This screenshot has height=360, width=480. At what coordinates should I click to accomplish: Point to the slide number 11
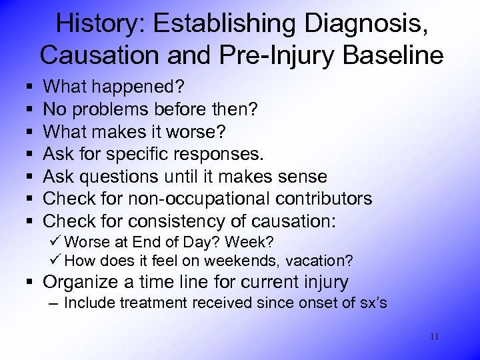pos(434,337)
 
